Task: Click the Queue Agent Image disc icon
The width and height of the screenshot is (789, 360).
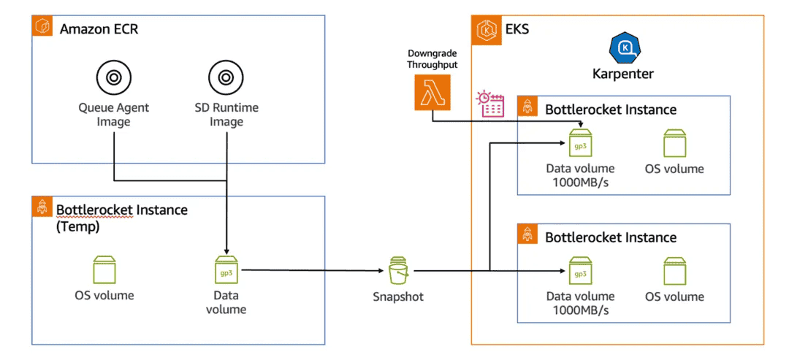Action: click(x=113, y=77)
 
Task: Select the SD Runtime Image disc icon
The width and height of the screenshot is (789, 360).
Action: click(x=226, y=77)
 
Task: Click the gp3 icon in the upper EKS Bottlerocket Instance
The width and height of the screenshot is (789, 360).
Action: click(x=580, y=143)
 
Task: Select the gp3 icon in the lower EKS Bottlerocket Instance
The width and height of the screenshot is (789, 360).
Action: click(x=580, y=272)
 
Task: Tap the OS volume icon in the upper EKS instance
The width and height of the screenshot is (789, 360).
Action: click(x=674, y=144)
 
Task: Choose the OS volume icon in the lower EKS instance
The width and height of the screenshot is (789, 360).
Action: click(x=674, y=272)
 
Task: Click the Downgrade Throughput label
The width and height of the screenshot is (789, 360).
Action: click(x=432, y=59)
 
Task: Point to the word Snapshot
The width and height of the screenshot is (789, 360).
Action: click(x=397, y=297)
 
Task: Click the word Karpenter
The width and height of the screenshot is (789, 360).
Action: click(x=623, y=74)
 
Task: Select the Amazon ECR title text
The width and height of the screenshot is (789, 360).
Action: click(x=99, y=29)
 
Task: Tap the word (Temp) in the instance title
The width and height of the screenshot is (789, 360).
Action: click(x=77, y=226)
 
